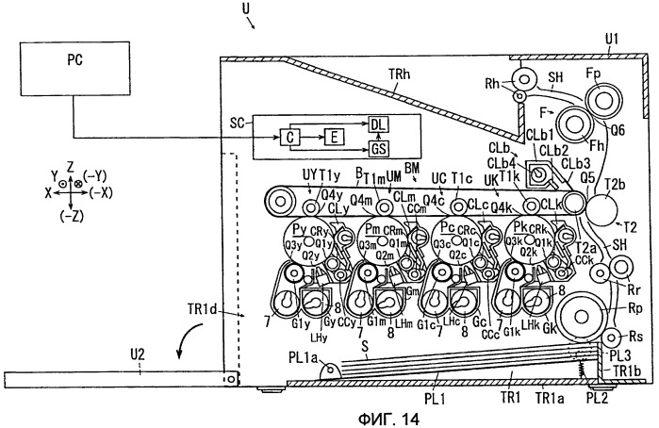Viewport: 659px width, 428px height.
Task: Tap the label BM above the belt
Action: pos(411,168)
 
